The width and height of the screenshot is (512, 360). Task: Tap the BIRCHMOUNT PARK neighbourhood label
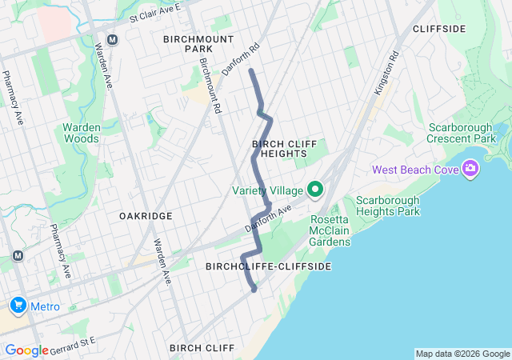tap(198, 43)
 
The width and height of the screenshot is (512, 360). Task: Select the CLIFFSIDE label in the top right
tap(439, 29)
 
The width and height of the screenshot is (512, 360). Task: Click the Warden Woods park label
tap(82, 133)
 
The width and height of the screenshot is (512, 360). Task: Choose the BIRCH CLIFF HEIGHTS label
tap(279, 148)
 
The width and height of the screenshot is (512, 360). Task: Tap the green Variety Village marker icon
tap(315, 190)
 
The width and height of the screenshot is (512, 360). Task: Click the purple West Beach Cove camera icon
tap(470, 169)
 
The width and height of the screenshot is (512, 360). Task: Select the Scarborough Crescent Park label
tap(469, 134)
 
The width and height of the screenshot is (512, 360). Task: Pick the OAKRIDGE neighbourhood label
tap(146, 216)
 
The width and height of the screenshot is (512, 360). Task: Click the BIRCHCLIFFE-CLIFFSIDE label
tap(268, 266)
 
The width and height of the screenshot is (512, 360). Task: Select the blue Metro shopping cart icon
tap(17, 306)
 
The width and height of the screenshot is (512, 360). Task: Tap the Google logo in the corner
tap(26, 350)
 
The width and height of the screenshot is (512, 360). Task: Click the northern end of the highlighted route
tap(251, 71)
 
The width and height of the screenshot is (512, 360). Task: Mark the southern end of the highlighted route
tap(254, 290)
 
